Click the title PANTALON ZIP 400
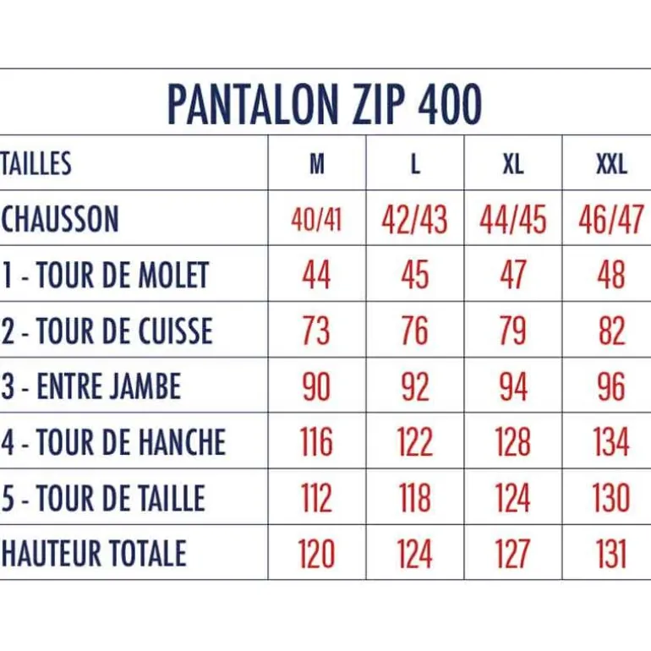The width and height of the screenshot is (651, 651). (325, 104)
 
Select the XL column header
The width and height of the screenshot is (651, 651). (513, 164)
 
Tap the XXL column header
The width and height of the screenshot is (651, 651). (611, 164)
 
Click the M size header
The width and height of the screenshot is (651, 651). (317, 164)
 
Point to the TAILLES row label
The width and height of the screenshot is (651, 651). (36, 163)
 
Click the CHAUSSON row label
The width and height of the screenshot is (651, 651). (60, 219)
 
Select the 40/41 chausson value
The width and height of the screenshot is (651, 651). (316, 220)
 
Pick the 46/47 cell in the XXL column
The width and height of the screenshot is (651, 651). (611, 220)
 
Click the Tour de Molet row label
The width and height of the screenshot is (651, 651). (106, 275)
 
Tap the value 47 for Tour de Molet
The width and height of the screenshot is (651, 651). (513, 275)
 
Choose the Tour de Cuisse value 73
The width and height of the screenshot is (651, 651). (316, 331)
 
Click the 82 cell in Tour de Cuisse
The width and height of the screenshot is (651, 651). (611, 331)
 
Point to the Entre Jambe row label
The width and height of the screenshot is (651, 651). (91, 386)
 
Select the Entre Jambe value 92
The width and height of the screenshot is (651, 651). (415, 386)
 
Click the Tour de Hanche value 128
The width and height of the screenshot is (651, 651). (513, 442)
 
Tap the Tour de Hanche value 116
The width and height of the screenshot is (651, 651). (316, 442)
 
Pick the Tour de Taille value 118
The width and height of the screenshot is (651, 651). (415, 498)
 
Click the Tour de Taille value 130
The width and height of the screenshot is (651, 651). (611, 498)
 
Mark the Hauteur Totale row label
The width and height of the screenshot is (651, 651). (94, 553)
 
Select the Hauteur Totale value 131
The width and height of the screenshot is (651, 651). (611, 554)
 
